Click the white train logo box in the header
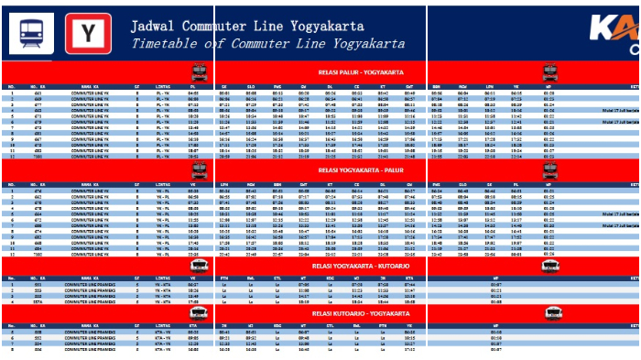(x=31, y=34)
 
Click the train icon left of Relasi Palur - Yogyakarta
(x=199, y=72)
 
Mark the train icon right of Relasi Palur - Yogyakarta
(x=549, y=72)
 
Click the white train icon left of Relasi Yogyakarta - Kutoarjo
(x=199, y=266)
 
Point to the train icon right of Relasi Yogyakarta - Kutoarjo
(x=549, y=266)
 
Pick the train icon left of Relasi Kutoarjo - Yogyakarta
(x=199, y=314)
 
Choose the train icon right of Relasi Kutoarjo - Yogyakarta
(x=549, y=314)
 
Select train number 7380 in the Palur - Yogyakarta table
(x=38, y=157)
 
